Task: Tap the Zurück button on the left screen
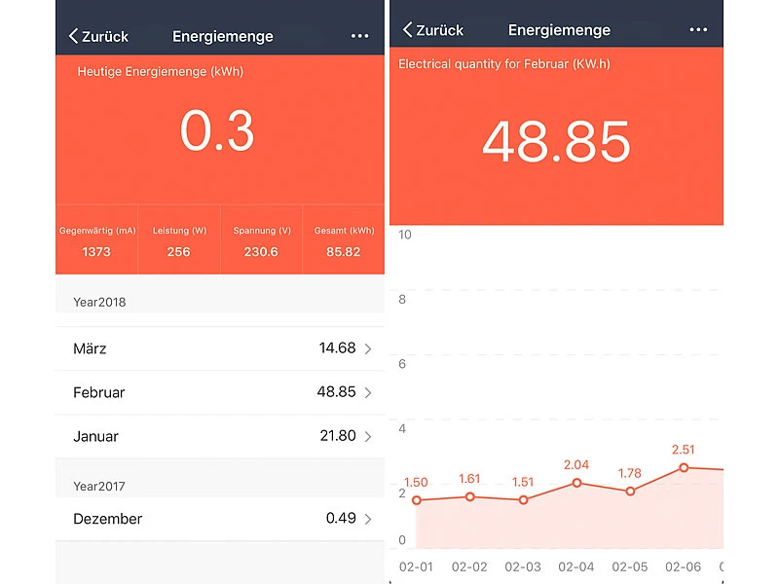pyautogui.click(x=98, y=36)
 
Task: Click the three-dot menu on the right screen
pyautogui.click(x=698, y=30)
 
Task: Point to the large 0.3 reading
pyautogui.click(x=217, y=130)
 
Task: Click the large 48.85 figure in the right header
pyautogui.click(x=556, y=143)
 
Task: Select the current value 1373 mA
pyautogui.click(x=96, y=252)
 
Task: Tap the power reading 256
pyautogui.click(x=179, y=252)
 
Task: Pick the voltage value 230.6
pyautogui.click(x=262, y=252)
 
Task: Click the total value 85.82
pyautogui.click(x=344, y=252)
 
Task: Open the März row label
pyautogui.click(x=90, y=348)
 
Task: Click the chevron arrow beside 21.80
pyautogui.click(x=368, y=437)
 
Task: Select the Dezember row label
pyautogui.click(x=107, y=519)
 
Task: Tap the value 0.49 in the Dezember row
pyautogui.click(x=341, y=519)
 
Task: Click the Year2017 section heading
pyautogui.click(x=99, y=486)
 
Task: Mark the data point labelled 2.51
pyautogui.click(x=684, y=467)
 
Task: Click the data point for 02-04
pyautogui.click(x=577, y=483)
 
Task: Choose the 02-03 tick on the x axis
pyautogui.click(x=523, y=566)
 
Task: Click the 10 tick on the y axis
pyautogui.click(x=405, y=235)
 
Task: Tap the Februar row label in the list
pyautogui.click(x=98, y=392)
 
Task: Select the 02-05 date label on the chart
pyautogui.click(x=630, y=566)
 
